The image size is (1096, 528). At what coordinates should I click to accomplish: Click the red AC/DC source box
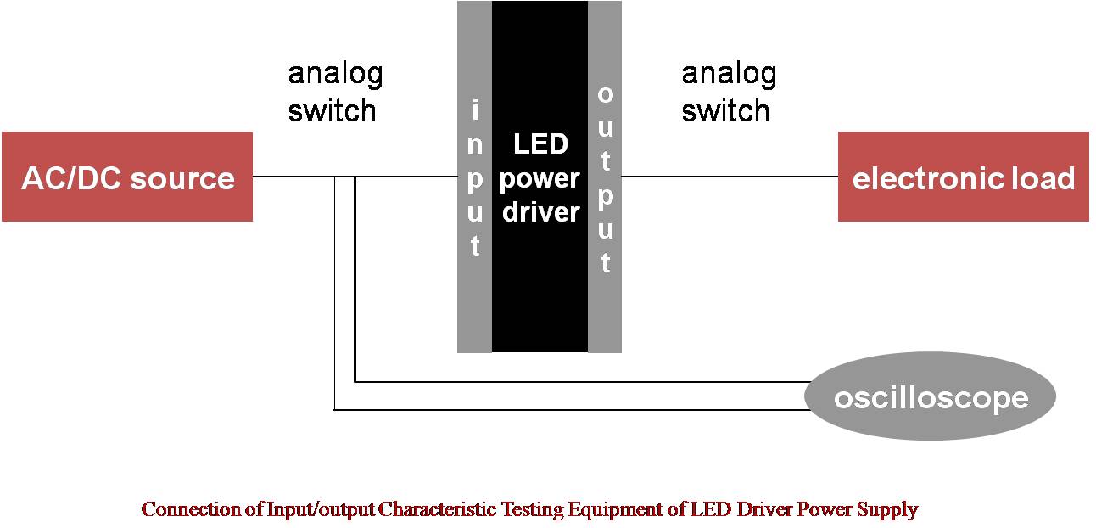coord(127,177)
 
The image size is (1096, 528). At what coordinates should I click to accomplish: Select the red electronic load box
coord(963,177)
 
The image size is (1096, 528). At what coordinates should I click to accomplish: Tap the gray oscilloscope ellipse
coord(930,396)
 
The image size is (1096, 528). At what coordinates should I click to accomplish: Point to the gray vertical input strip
coord(474,289)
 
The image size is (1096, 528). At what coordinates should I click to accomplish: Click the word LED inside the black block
coord(540,144)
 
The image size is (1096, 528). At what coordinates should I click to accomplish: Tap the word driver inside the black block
coord(540,212)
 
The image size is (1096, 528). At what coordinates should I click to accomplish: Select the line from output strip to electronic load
coord(730,177)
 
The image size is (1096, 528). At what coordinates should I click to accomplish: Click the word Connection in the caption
coord(192,509)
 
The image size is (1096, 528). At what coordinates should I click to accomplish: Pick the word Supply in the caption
coord(888,510)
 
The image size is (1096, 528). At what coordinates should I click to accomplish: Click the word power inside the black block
coord(540,178)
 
